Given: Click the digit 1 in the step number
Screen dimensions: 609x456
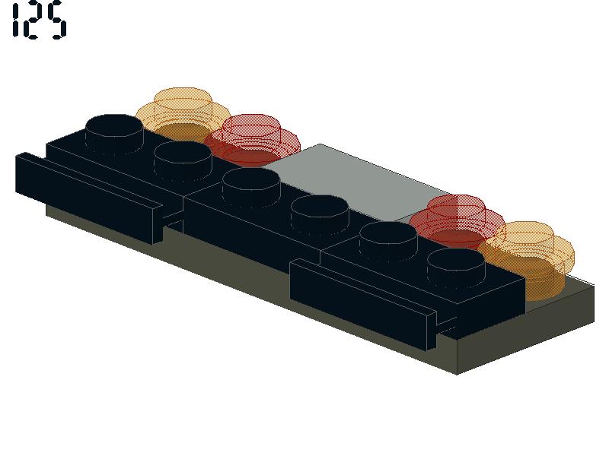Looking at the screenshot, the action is [x=15, y=21].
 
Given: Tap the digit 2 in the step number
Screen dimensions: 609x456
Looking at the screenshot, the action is [x=33, y=22].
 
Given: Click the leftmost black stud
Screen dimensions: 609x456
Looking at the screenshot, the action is [x=114, y=134].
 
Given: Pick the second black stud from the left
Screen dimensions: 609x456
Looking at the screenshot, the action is [x=183, y=160].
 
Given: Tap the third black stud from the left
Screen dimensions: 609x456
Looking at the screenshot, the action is [x=251, y=187].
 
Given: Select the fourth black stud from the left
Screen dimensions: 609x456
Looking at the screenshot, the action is [x=320, y=214].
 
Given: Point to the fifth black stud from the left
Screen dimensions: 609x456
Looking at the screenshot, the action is [x=388, y=240].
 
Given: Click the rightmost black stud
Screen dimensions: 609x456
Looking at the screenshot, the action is [x=456, y=268].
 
